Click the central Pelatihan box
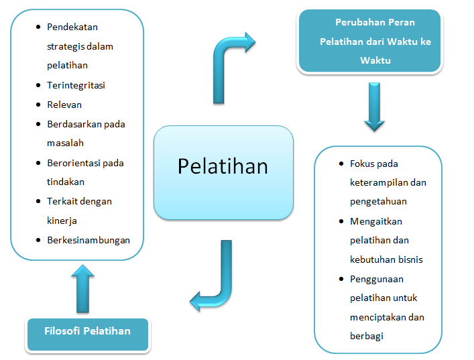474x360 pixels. tap(223, 172)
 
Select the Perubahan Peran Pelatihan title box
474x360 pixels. tap(370, 41)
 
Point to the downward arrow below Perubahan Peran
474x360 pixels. tap(375, 107)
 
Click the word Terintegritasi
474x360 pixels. tap(76, 85)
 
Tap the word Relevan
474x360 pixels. tap(64, 105)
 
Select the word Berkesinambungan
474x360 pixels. tap(88, 240)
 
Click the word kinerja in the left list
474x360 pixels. tap(62, 221)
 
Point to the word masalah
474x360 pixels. tap(65, 143)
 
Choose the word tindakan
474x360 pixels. tap(66, 182)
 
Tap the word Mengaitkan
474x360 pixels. tap(375, 221)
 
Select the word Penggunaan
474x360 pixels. tap(376, 279)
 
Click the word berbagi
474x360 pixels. tap(366, 337)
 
